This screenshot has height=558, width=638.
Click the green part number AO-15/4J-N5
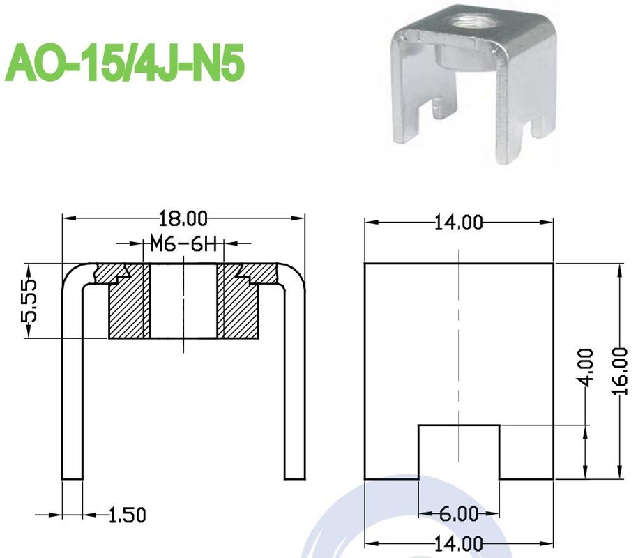pos(126,64)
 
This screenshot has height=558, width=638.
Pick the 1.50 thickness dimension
pos(127,515)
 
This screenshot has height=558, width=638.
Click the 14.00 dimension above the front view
pos(459,223)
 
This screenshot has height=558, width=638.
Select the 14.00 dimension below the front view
pos(459,543)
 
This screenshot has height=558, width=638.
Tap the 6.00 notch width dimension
pos(458,515)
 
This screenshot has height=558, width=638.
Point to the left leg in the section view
pos(73,391)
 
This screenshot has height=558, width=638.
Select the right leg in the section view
pos(295,391)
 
